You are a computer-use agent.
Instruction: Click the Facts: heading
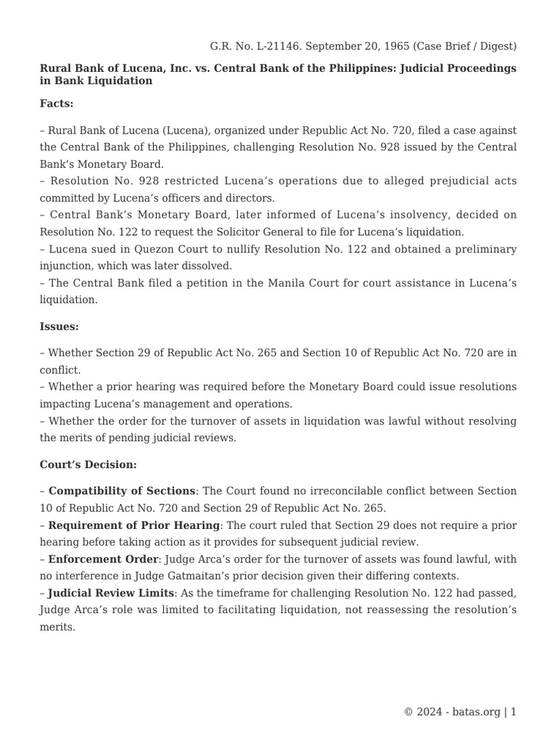[57, 104]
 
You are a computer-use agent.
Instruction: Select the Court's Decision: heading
[88, 464]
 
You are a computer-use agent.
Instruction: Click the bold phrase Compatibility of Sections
[122, 491]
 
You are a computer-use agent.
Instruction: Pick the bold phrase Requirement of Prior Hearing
[134, 525]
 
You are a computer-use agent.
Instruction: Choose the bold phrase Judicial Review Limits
[111, 593]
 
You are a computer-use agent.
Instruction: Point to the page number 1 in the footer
[513, 712]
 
